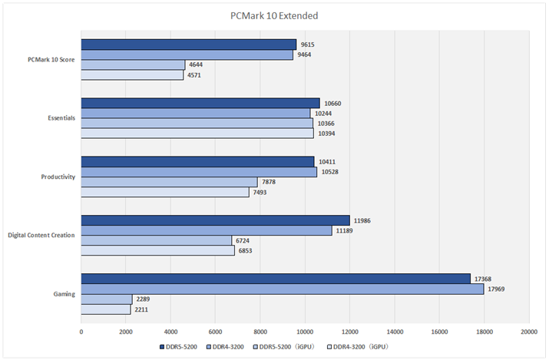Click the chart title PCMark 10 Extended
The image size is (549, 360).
click(274, 15)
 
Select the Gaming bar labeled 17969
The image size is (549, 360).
click(282, 289)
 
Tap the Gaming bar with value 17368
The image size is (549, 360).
click(276, 279)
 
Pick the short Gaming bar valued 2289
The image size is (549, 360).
click(106, 299)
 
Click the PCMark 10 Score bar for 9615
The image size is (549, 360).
click(188, 45)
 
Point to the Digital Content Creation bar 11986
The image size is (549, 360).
click(215, 220)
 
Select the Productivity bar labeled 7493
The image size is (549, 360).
click(165, 192)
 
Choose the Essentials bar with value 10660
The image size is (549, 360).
click(200, 103)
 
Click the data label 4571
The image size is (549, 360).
click(197, 75)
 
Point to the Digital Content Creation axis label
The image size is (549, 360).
click(41, 235)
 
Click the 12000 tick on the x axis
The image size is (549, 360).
click(349, 332)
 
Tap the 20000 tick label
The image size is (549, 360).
click(528, 332)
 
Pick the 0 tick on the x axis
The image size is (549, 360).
click(81, 332)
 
